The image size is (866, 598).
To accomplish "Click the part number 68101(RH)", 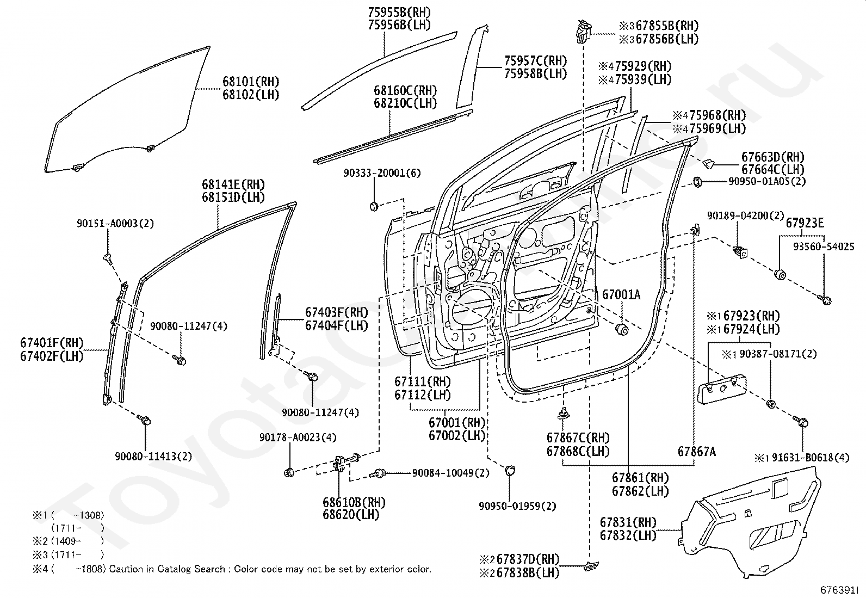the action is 251,82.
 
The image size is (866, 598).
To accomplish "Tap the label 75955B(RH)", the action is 399,12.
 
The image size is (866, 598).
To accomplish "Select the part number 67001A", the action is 621,295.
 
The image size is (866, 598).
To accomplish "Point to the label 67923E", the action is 805,223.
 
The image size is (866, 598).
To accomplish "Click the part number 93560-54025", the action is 824,246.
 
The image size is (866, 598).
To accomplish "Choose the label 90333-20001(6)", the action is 382,173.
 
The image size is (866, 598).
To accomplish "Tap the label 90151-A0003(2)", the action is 115,223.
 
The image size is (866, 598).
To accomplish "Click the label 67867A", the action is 697,452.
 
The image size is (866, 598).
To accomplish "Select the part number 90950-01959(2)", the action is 517,506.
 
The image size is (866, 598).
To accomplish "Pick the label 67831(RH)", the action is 628,522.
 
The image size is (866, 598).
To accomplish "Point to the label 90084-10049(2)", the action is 451,473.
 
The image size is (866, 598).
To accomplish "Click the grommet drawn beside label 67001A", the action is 622,329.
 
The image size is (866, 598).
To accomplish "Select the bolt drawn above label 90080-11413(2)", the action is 144,420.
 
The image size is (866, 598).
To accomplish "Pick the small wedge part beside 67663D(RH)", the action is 707,163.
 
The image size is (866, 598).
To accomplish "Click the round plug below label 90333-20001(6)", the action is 374,206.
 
